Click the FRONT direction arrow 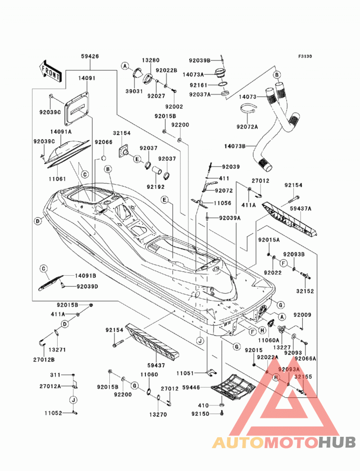point(50,71)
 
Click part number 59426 point(90,56)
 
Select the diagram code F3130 point(305,56)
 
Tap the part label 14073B point(235,146)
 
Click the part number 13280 point(151,60)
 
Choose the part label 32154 point(121,133)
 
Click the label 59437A point(301,208)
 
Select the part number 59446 point(191,387)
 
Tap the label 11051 point(185,373)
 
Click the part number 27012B point(44,359)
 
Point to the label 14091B point(85,276)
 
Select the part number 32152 point(305,291)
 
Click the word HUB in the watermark point(337,443)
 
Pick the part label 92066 point(103,142)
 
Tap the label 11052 point(53,413)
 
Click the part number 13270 point(158,414)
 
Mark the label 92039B point(199,60)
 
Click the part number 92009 point(302,315)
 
